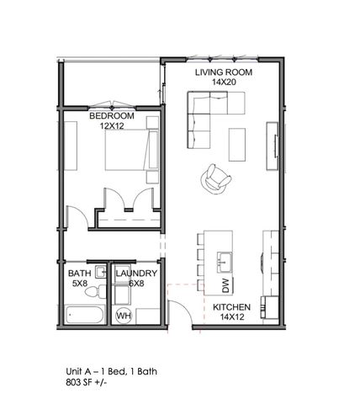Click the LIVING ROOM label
pos(224,72)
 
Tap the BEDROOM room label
pos(112,115)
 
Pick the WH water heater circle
pos(124,316)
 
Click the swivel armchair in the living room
pos(214,178)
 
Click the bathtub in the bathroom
pos(84,317)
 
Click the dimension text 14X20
pos(224,83)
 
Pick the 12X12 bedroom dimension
pos(112,125)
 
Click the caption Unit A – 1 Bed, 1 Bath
pos(111,370)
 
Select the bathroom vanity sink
pos(100,272)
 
